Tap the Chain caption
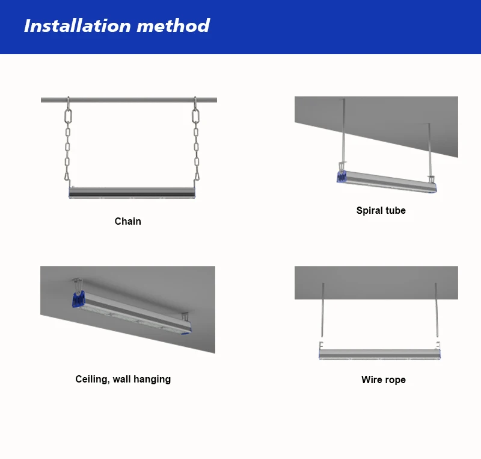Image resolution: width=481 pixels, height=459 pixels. click(128, 221)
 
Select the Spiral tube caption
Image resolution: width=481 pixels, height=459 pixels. click(381, 210)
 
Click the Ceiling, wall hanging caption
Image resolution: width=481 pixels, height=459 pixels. click(123, 379)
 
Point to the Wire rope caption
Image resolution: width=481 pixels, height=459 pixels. click(384, 379)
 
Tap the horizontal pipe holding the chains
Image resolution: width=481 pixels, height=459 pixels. click(129, 100)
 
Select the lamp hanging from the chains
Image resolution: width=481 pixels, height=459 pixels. click(132, 192)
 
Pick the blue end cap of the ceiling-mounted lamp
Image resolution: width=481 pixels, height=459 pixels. click(78, 300)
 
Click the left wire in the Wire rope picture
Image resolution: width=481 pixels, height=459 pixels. click(322, 310)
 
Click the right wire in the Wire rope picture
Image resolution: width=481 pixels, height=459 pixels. click(437, 310)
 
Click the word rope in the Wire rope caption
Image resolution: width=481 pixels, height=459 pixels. click(394, 380)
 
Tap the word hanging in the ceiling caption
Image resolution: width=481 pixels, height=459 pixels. click(150, 379)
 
